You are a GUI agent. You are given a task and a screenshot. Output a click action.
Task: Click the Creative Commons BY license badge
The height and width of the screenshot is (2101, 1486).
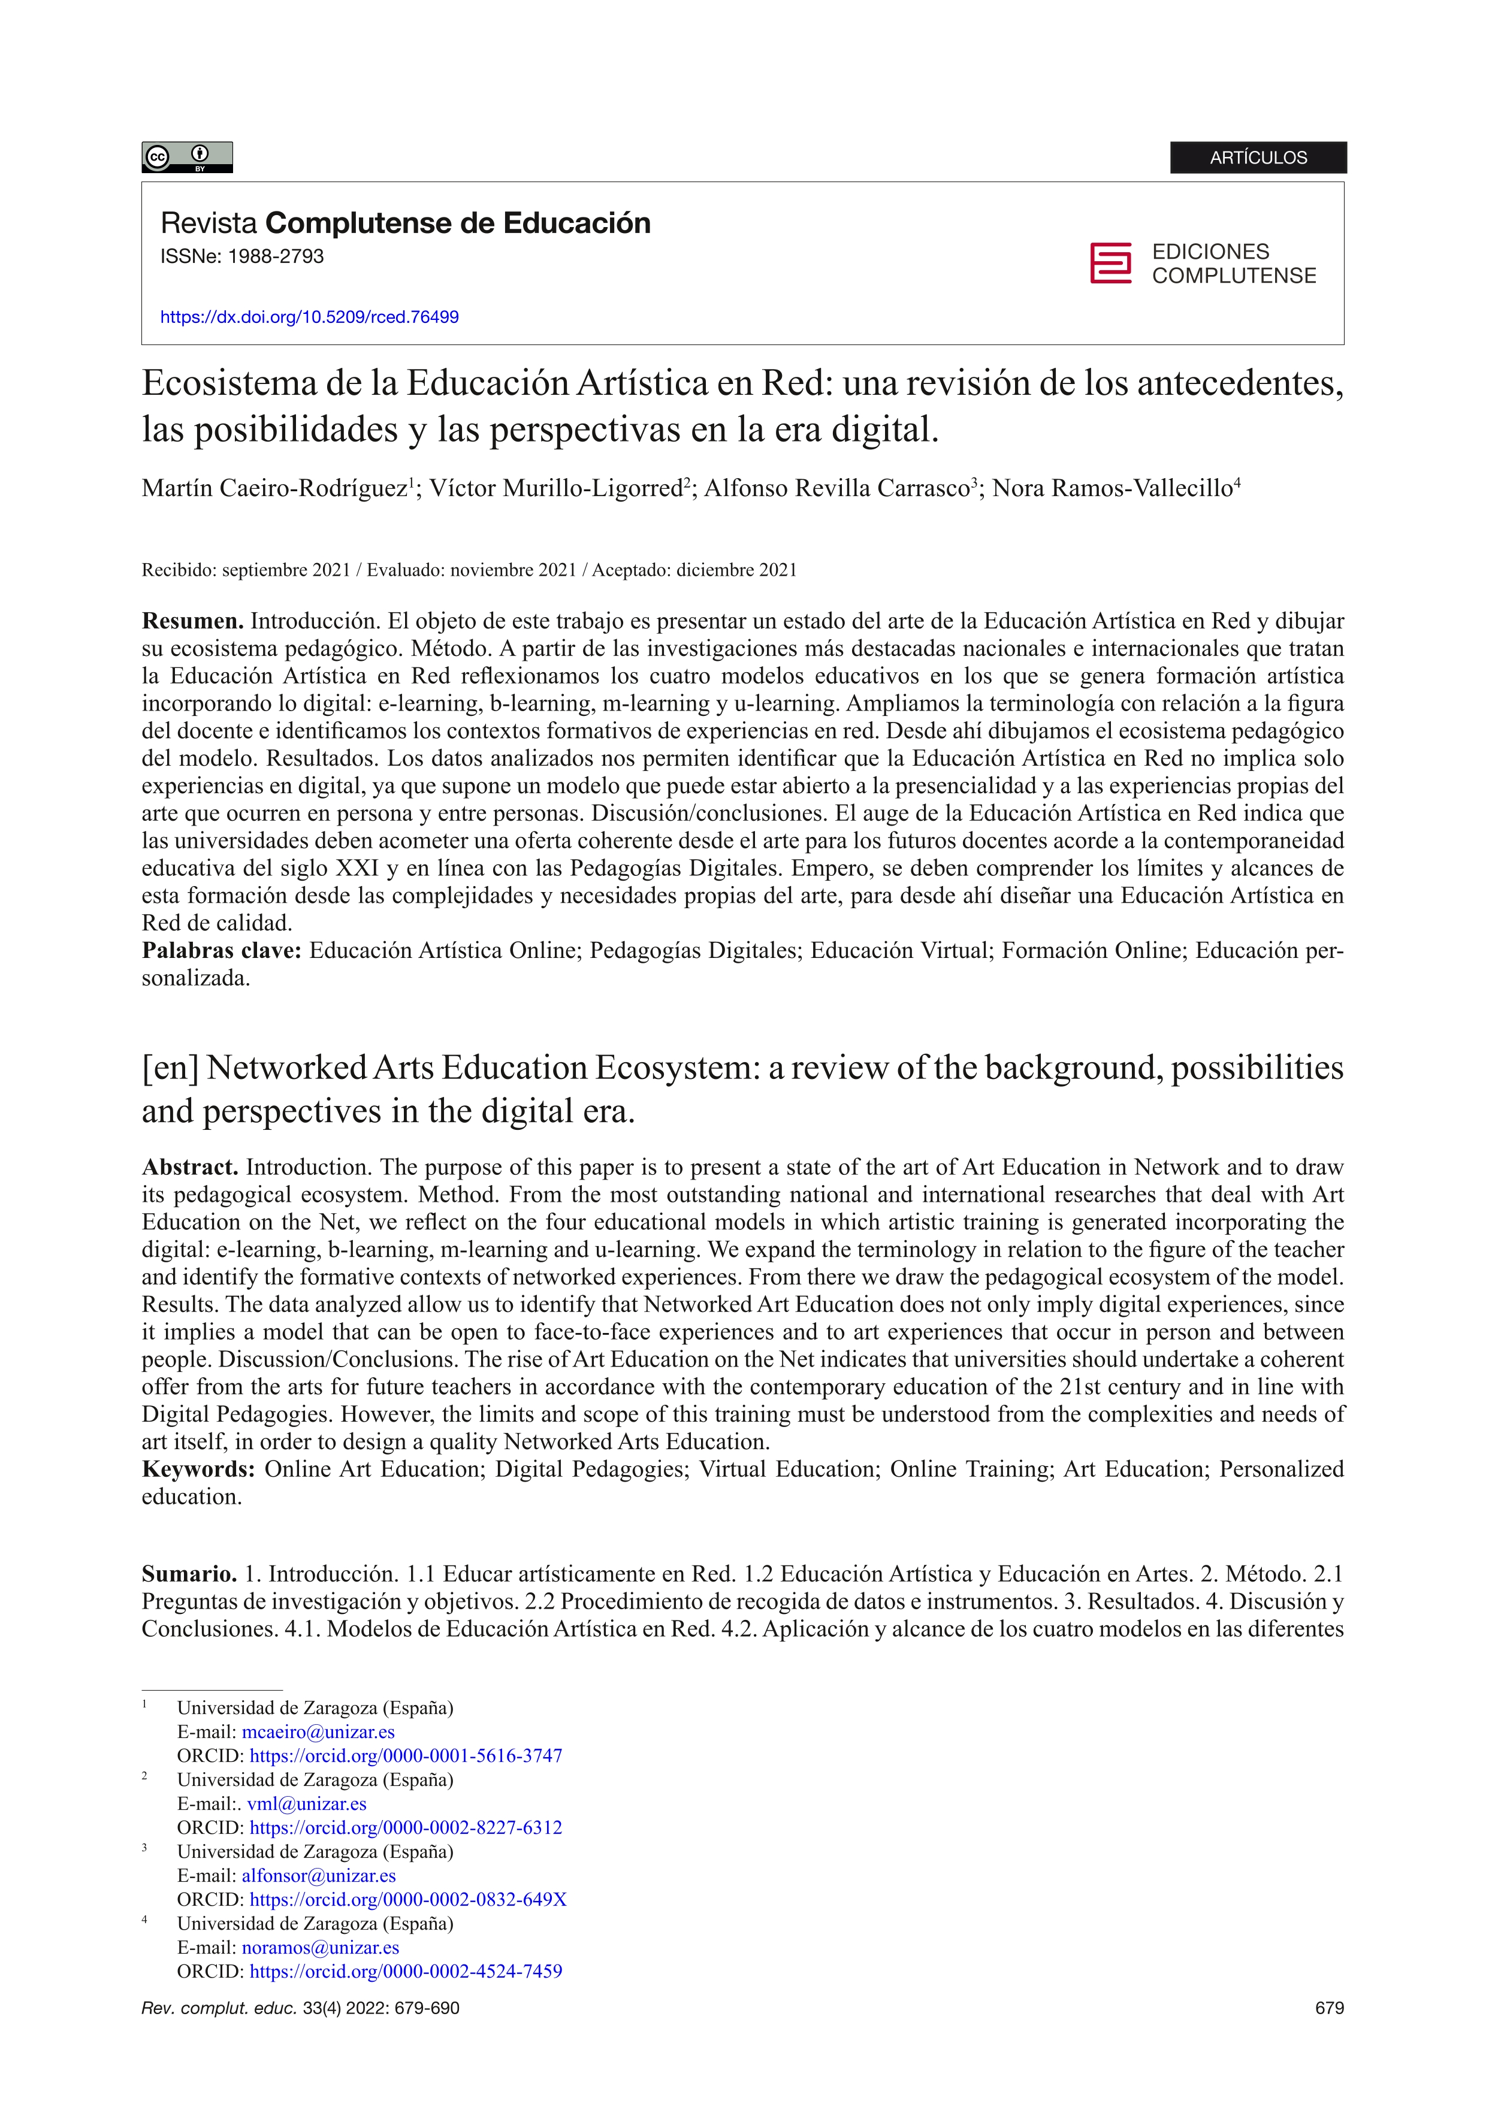[187, 158]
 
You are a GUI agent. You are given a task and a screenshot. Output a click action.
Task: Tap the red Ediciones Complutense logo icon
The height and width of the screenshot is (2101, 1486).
[1110, 264]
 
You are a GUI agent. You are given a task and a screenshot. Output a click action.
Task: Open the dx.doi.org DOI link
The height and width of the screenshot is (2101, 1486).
[309, 318]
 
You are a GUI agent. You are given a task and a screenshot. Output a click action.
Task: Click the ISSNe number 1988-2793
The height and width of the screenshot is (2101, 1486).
[276, 257]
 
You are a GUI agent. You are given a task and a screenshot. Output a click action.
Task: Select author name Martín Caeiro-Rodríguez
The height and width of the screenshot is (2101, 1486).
[274, 489]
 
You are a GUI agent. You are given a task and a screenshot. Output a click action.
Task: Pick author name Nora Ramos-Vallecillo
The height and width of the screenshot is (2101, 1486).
[1113, 489]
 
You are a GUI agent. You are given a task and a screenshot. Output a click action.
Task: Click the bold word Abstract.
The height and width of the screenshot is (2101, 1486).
[189, 1168]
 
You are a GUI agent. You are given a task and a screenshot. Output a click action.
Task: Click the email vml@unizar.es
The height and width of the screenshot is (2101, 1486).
[307, 1804]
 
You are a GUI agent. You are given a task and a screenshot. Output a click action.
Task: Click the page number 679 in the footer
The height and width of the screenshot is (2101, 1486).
[1328, 2009]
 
